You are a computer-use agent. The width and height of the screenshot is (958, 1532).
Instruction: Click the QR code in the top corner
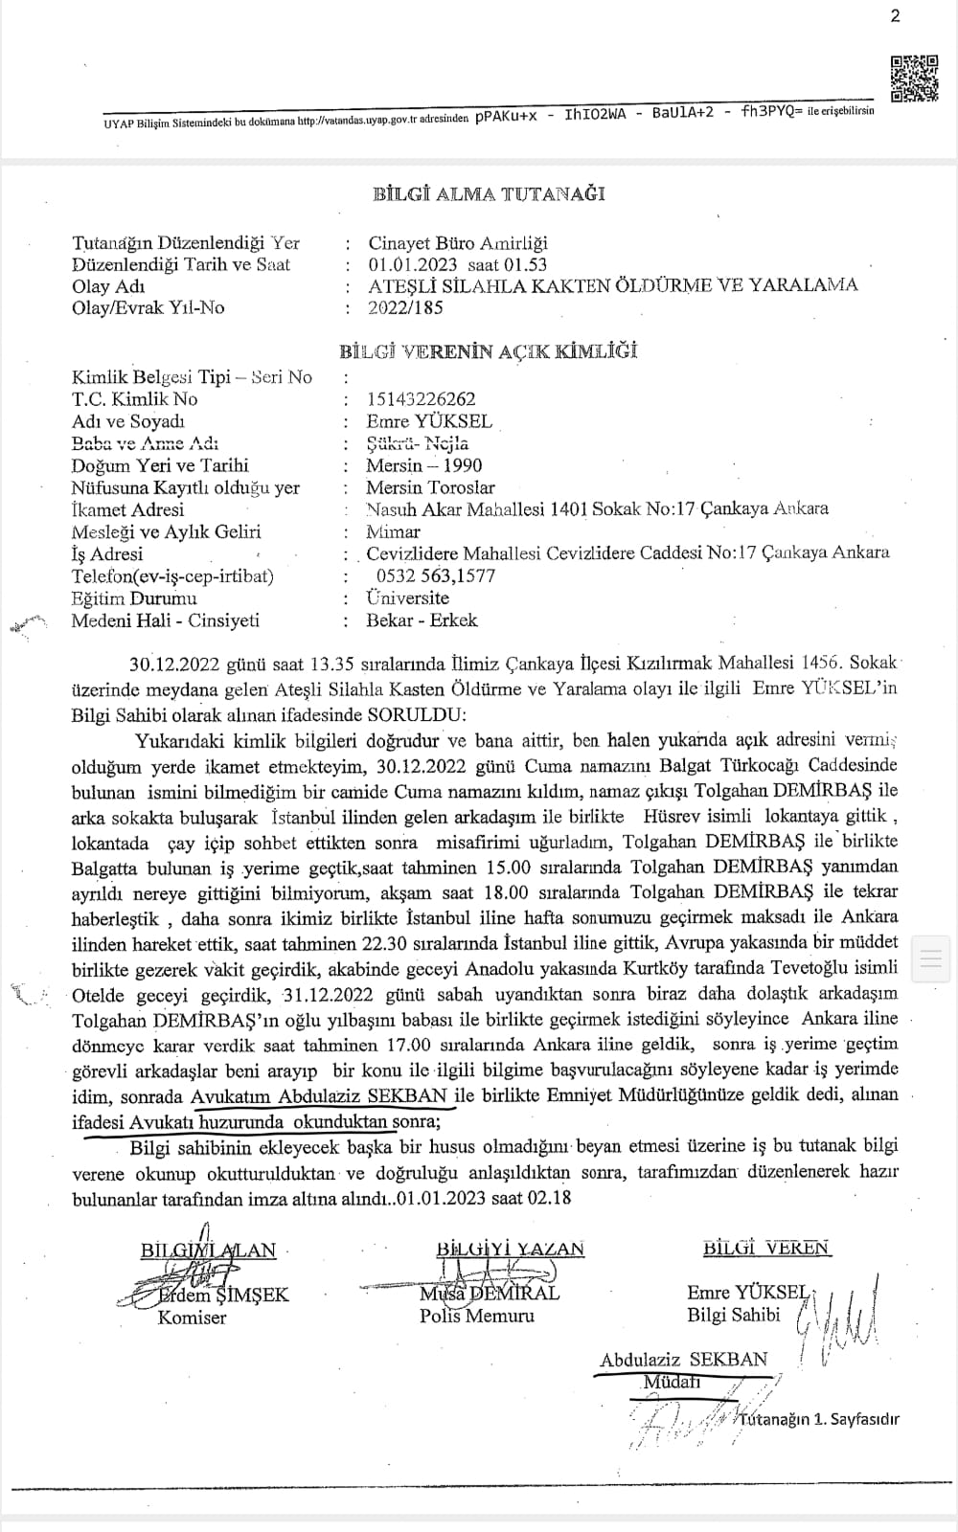[x=914, y=79]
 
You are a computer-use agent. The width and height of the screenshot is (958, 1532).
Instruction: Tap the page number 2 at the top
[x=896, y=16]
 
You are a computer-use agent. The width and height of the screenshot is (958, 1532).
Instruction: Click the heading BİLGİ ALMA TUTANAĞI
[x=489, y=193]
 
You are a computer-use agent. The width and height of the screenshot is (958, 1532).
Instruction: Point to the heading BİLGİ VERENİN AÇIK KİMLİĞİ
[x=489, y=351]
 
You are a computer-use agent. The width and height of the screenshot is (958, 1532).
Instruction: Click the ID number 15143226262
[x=421, y=399]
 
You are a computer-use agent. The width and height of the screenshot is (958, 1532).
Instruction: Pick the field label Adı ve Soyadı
[x=128, y=421]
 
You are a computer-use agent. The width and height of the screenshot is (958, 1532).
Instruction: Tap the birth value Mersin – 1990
[x=424, y=465]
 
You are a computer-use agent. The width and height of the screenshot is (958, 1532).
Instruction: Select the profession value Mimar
[x=393, y=531]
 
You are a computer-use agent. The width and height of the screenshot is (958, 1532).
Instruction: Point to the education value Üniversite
[x=407, y=597]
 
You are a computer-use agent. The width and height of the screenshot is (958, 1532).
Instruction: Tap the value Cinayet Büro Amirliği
[x=458, y=243]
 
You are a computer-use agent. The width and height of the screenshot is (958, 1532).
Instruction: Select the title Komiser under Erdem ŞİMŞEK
[x=192, y=1318]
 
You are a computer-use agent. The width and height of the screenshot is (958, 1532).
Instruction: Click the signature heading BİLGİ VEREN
[x=766, y=1248]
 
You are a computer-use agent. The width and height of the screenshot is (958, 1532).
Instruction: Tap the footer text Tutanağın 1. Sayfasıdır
[x=820, y=1419]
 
